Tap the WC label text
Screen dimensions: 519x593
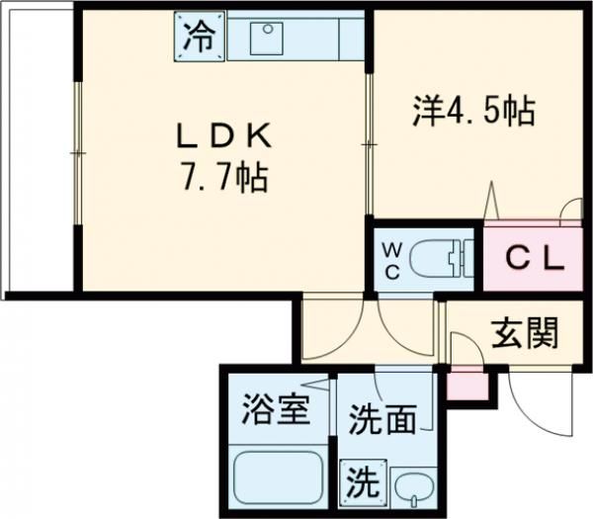tap(389, 259)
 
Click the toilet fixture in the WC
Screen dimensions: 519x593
tap(434, 260)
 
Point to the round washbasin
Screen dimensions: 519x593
tap(410, 487)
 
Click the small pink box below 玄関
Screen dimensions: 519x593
tap(467, 385)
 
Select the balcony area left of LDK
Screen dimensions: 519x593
tap(37, 153)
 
